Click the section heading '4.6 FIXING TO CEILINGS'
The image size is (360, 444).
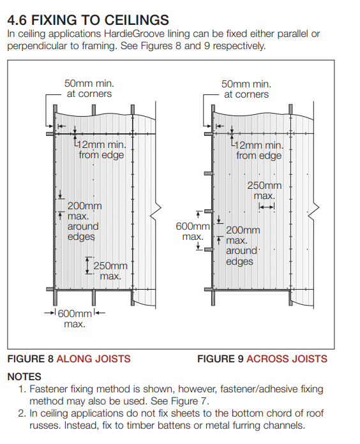88,20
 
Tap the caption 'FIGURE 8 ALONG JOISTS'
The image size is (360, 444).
69,359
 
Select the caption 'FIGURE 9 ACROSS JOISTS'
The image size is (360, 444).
262,359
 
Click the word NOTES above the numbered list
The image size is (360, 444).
24,376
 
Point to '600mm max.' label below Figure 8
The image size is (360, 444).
75,318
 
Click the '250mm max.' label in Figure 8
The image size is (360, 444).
110,270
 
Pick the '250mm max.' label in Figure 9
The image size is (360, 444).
264,190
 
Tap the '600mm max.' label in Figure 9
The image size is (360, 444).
193,232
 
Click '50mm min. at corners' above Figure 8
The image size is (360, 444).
89,88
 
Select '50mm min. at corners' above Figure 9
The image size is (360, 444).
246,89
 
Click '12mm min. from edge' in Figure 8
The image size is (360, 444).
101,150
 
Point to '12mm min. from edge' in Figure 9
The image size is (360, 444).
259,151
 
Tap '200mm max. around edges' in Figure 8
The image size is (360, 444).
84,221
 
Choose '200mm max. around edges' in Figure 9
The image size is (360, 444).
243,246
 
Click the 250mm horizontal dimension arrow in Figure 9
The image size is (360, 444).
267,207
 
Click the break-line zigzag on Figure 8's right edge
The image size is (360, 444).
156,209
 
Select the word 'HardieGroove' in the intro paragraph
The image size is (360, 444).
134,34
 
